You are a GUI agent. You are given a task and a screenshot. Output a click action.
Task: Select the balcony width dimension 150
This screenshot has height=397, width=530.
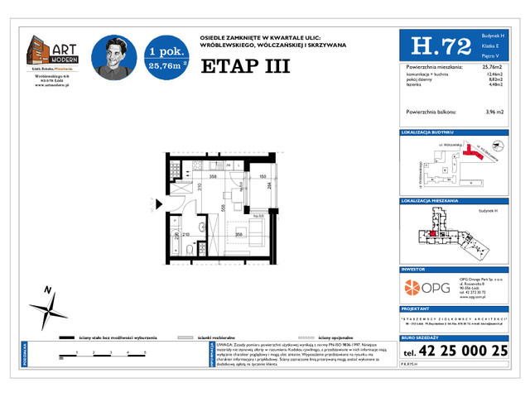[x=262, y=177]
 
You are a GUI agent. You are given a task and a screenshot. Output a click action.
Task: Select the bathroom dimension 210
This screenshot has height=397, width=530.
[x=187, y=235]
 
